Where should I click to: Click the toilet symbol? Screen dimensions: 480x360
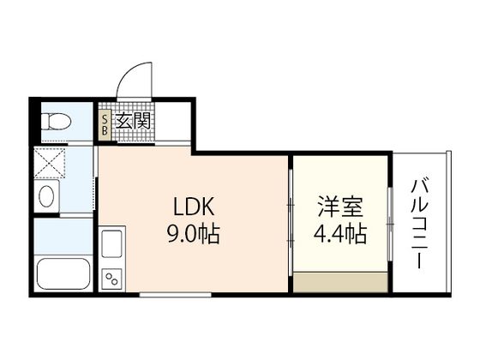(x=56, y=122)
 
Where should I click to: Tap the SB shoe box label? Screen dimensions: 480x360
(x=105, y=125)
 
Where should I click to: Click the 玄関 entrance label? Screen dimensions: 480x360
(x=134, y=121)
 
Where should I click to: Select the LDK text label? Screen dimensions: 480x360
(x=194, y=207)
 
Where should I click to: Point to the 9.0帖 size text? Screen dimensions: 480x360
(x=194, y=234)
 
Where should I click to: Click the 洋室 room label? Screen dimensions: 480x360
(x=340, y=207)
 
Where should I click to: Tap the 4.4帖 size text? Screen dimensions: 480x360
(x=340, y=234)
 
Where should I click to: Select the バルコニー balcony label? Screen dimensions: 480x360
(x=420, y=224)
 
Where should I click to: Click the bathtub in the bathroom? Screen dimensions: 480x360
(x=63, y=273)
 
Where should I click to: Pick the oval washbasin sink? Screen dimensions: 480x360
(x=46, y=196)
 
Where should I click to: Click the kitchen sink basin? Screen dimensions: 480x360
(x=111, y=243)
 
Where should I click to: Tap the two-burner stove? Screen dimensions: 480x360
(x=111, y=279)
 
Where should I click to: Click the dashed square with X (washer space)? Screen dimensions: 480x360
(x=50, y=163)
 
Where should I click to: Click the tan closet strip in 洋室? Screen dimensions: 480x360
(x=340, y=281)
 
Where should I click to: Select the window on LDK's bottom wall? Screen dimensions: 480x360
(x=176, y=295)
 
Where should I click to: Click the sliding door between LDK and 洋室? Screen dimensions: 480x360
(x=291, y=223)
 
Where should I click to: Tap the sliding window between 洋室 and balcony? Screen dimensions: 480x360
(x=390, y=225)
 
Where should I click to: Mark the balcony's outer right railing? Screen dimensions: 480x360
(x=449, y=222)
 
